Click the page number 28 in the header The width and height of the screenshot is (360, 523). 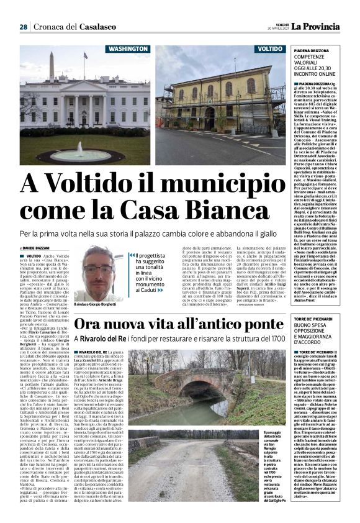click(23, 27)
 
